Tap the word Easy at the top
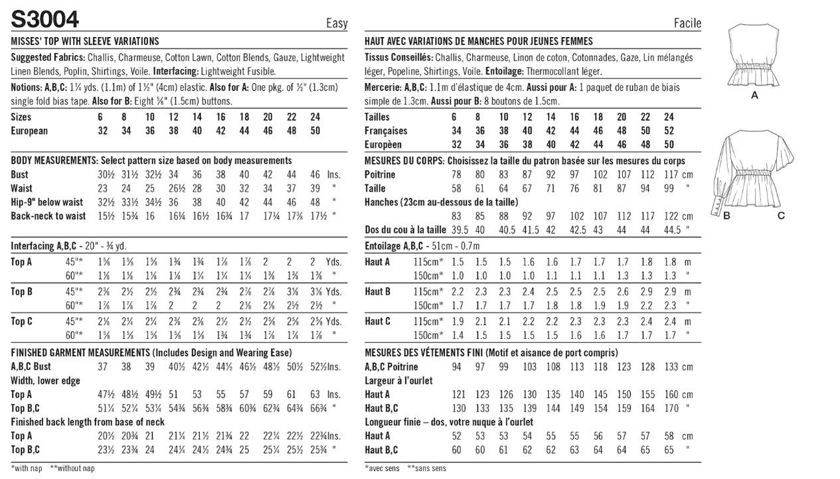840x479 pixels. (336, 24)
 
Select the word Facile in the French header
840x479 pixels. (687, 24)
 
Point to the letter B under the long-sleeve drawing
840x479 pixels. (727, 216)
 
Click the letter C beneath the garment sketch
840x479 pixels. (781, 216)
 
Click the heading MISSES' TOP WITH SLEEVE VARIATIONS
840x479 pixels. (85, 41)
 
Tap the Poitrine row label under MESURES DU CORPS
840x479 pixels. (380, 174)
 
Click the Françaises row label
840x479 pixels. (386, 131)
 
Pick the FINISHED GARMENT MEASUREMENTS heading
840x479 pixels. (80, 353)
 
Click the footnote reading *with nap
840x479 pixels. (27, 468)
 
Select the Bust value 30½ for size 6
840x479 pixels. (98, 174)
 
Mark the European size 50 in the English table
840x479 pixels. (315, 131)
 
